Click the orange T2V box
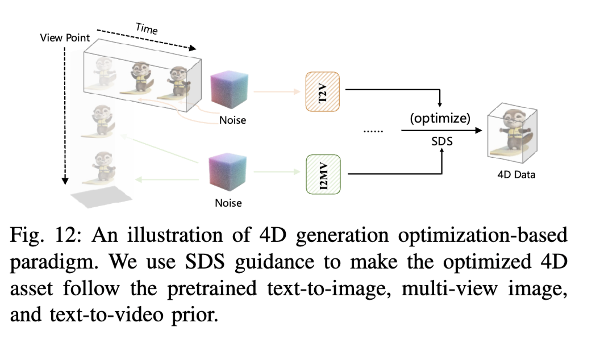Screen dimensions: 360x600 322,90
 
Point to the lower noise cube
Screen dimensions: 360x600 228,173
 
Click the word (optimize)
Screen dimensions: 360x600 439,120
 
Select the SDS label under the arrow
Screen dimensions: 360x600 441,141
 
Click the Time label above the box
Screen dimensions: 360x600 147,28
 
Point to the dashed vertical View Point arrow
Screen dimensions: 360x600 65,114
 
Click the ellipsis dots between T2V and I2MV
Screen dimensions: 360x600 373,131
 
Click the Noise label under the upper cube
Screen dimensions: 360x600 233,120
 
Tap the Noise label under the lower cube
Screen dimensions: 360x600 228,203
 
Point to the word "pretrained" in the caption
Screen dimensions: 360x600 224,288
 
